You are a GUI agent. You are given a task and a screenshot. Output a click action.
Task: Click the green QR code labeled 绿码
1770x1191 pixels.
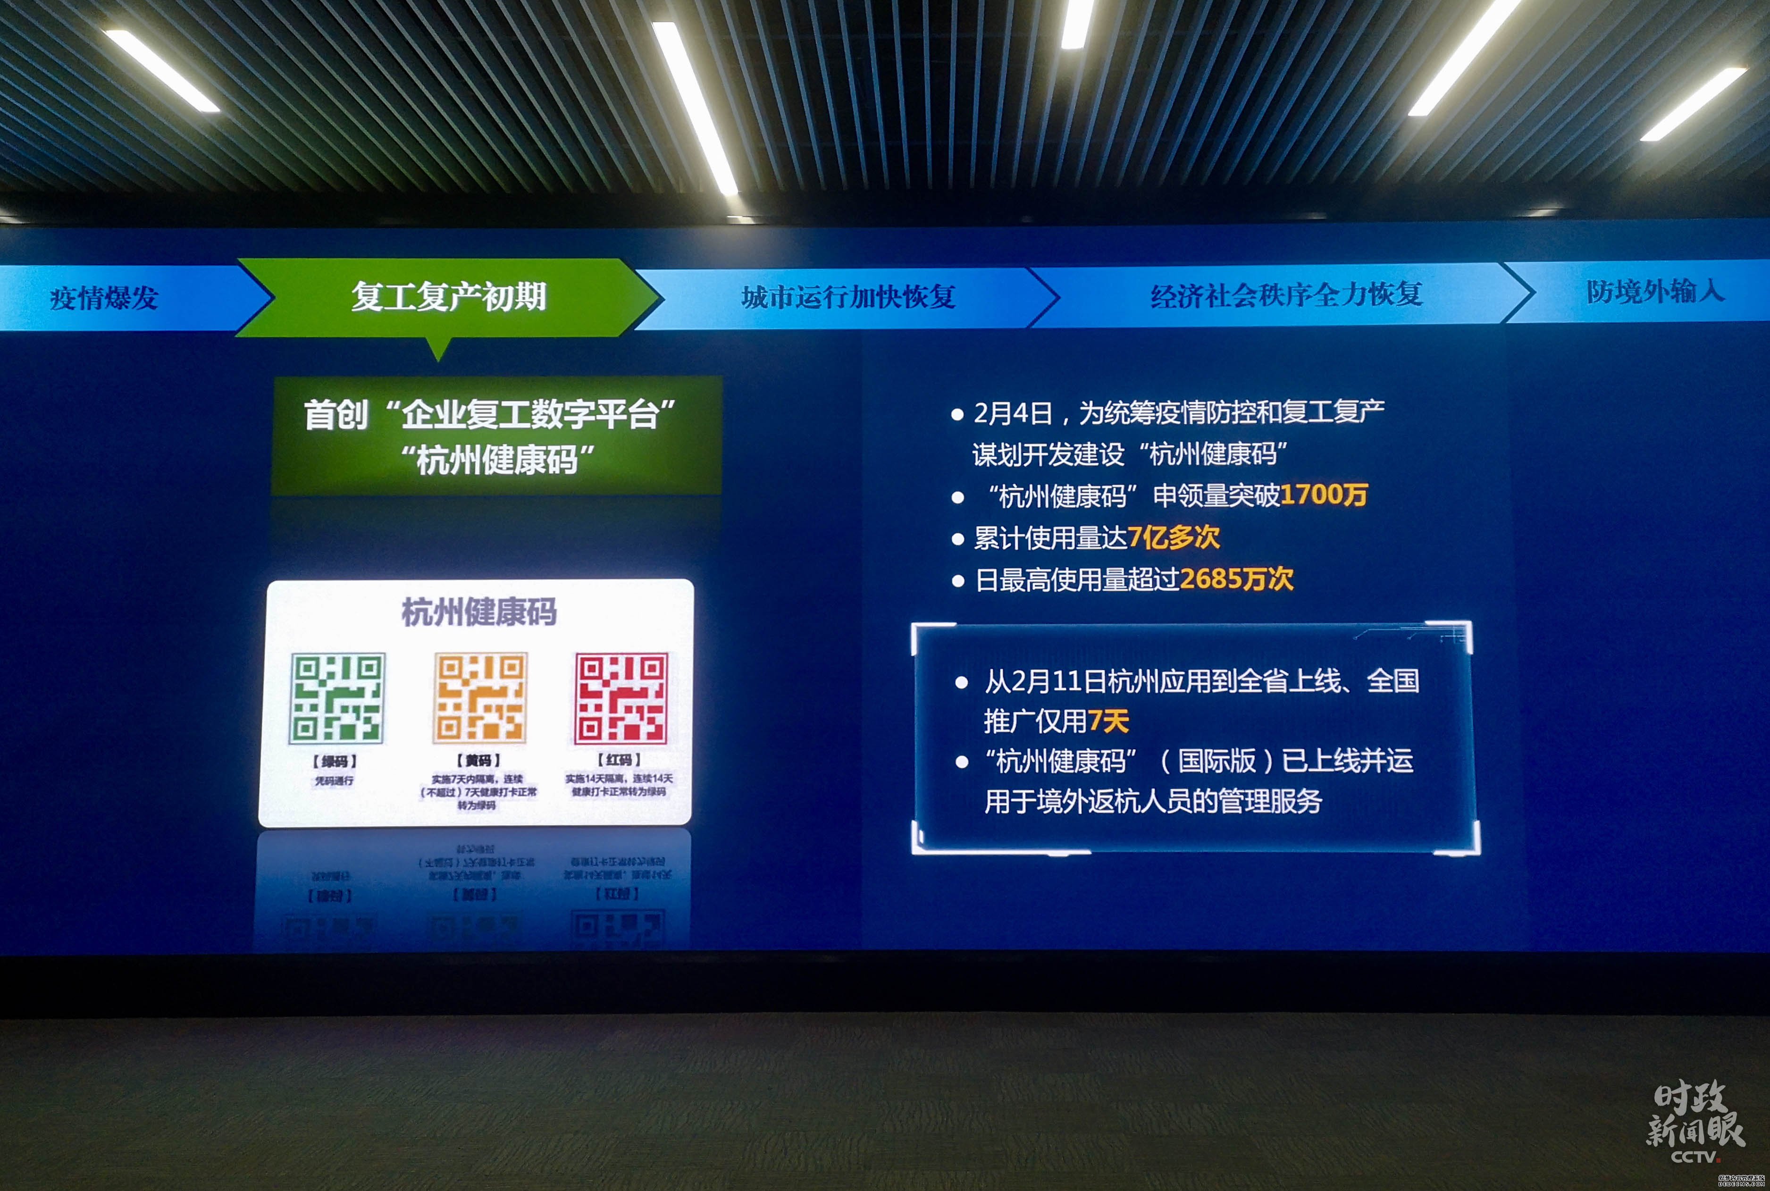(337, 697)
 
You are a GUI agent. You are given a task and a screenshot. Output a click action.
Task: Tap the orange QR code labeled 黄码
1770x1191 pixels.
(479, 696)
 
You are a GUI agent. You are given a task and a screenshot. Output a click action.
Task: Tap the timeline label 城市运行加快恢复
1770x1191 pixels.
(848, 296)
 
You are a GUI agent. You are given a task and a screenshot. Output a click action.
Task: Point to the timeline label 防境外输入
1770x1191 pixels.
(1654, 291)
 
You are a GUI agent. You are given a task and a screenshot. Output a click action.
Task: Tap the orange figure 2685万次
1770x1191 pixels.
(1237, 579)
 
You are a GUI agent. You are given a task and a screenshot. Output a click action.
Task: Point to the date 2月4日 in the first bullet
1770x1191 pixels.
(1013, 413)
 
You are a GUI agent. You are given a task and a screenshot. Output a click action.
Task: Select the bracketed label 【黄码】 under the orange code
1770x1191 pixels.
(478, 760)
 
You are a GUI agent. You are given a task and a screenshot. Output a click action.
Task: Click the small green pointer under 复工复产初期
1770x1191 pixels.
(438, 349)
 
